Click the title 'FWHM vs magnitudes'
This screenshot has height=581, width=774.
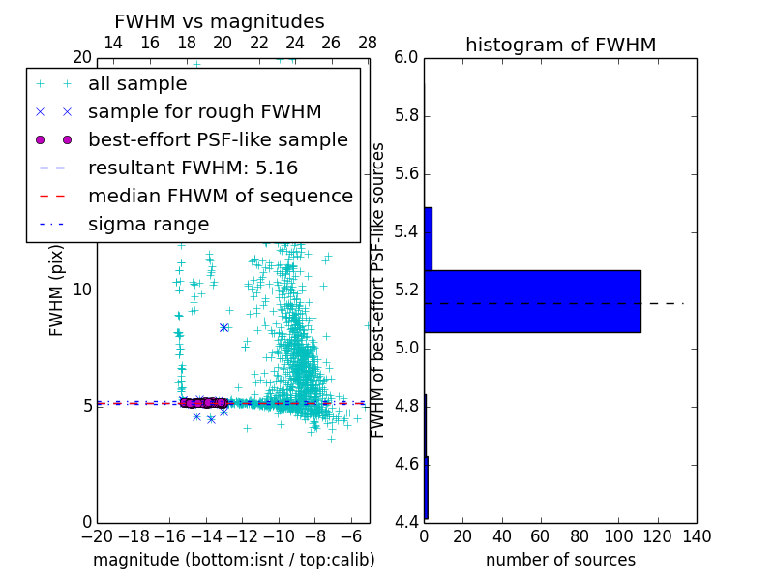point(220,21)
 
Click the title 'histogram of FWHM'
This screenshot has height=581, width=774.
point(560,45)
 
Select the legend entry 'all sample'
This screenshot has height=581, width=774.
point(137,84)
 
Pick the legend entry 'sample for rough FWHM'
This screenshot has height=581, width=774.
point(205,112)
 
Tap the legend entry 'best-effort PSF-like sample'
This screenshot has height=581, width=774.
point(218,140)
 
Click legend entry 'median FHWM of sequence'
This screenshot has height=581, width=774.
point(221,197)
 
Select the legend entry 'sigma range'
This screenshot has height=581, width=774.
point(148,225)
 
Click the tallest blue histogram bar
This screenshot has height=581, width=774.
point(532,301)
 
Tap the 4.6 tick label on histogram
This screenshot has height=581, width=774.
point(407,465)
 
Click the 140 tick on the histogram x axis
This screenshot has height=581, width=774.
point(697,535)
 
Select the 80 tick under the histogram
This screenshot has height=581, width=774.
point(580,535)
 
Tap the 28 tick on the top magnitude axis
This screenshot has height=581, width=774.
point(368,43)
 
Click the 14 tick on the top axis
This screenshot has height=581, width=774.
point(113,43)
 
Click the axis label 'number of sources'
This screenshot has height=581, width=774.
point(560,560)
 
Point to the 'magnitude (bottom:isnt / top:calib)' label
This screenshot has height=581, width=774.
point(233,560)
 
